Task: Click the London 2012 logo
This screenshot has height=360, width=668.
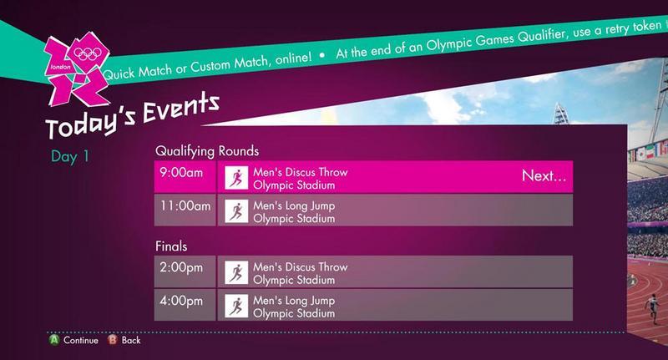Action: [77, 68]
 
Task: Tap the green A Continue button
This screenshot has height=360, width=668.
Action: [54, 340]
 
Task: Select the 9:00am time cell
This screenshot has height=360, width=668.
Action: [185, 176]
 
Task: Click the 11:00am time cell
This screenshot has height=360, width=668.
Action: [185, 210]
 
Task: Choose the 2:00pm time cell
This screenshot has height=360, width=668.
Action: [185, 271]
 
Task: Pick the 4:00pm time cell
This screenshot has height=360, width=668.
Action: [185, 305]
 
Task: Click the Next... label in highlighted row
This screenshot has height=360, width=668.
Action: [544, 175]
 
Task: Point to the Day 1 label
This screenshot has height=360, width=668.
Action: [70, 156]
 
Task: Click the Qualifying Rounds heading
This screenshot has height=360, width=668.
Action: [207, 151]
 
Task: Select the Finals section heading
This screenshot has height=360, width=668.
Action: [171, 246]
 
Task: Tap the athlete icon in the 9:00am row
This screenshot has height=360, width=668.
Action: [236, 178]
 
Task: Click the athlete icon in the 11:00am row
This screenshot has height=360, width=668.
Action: [236, 210]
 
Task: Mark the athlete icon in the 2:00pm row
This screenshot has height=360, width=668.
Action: [236, 272]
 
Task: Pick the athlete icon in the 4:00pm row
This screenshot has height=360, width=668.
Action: [236, 306]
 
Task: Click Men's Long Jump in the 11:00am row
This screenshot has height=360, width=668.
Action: [294, 205]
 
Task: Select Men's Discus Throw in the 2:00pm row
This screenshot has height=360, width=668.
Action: [301, 267]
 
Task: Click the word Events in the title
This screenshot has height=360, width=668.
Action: [181, 109]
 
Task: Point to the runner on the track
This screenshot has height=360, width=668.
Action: [651, 308]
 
